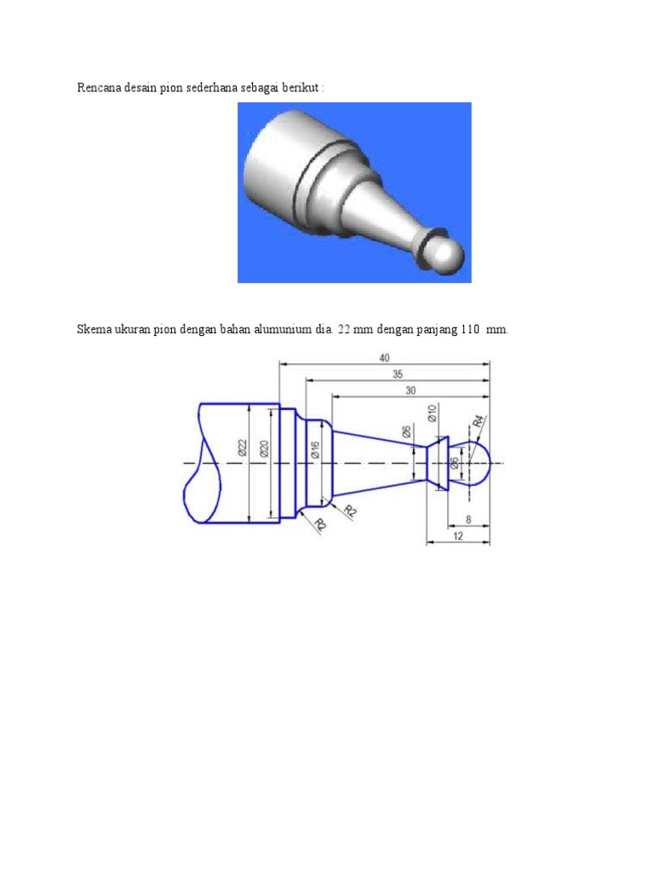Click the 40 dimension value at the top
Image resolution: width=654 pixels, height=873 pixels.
385,358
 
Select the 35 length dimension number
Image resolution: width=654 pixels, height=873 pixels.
397,373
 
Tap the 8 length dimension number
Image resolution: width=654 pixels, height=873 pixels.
469,518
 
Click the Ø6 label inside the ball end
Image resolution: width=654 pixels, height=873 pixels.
455,463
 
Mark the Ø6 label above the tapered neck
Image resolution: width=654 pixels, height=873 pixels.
407,433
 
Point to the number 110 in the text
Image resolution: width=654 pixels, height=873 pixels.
472,330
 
